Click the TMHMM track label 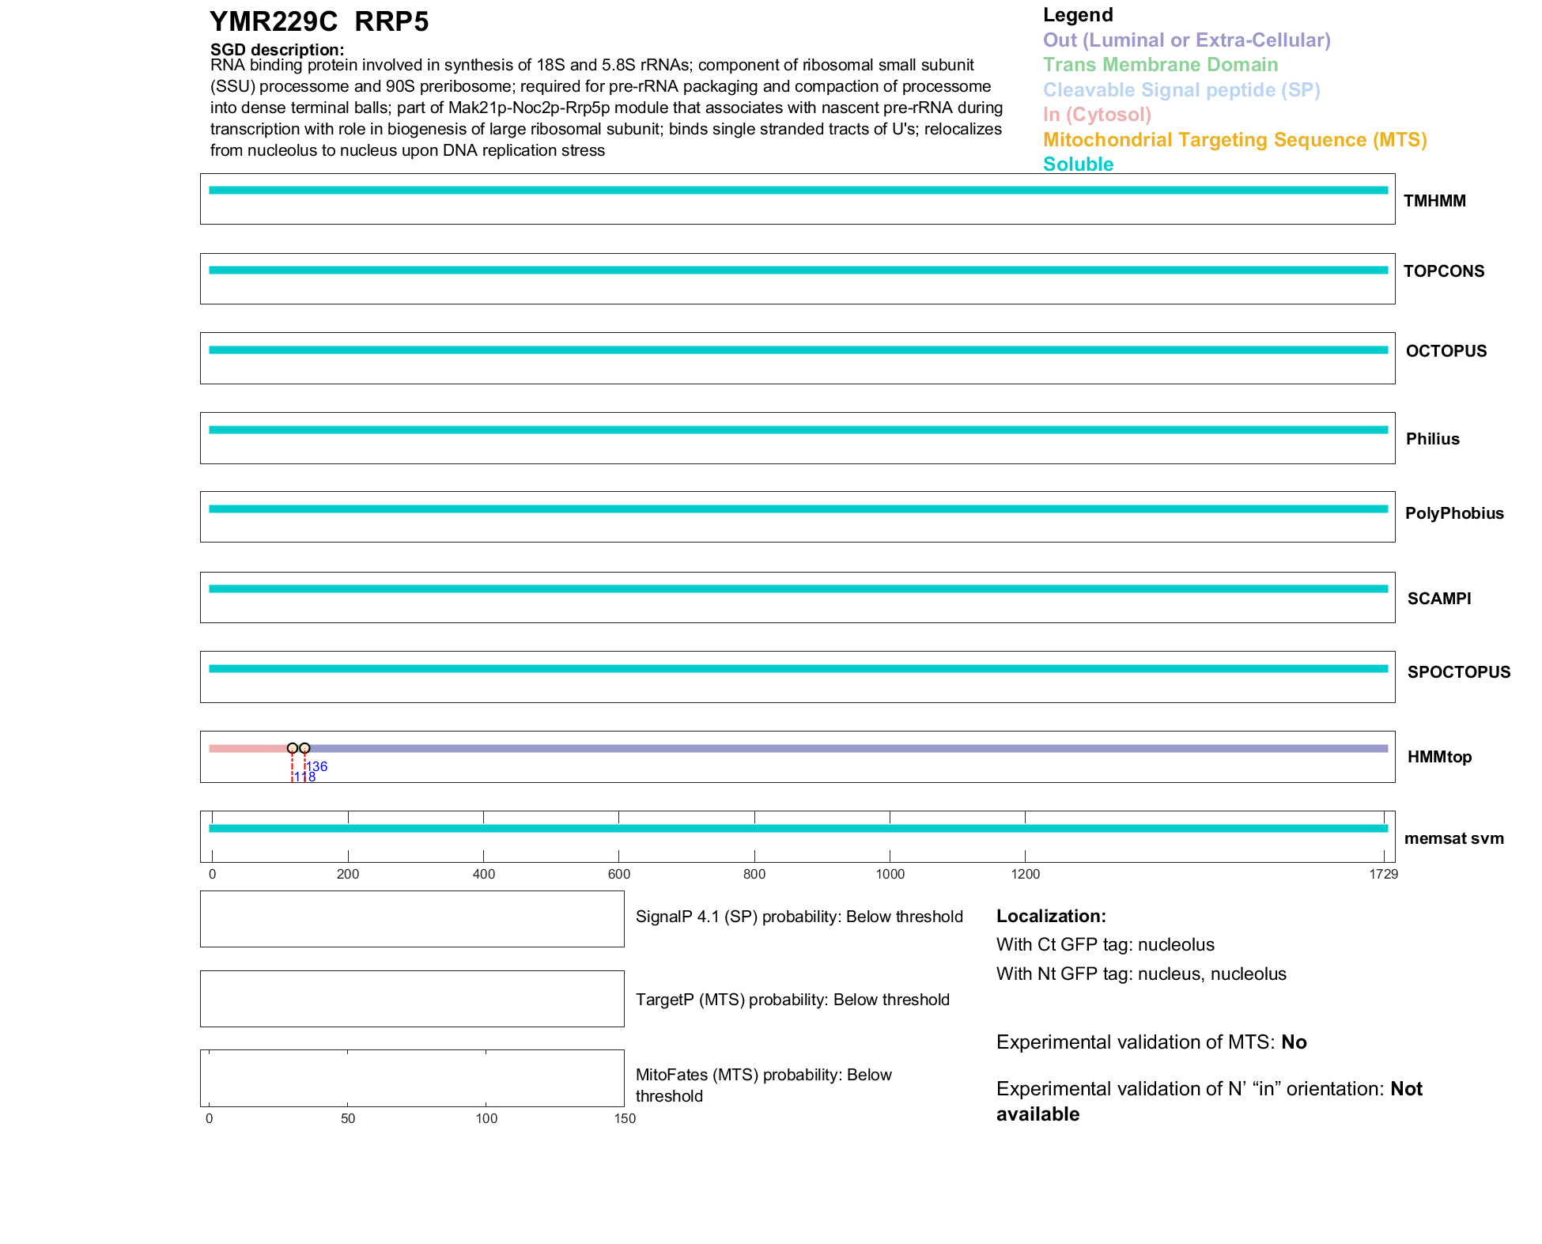1434,201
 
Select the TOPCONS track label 1443,271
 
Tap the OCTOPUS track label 1446,351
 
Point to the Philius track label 1432,439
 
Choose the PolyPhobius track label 1453,513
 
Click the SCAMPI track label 1438,599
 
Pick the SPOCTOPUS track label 1458,672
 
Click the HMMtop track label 1439,757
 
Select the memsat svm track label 1453,838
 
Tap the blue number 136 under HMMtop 317,766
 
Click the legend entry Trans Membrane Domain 1160,65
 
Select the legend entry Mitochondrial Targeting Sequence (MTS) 1234,140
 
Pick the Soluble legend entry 1078,164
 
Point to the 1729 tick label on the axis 1383,874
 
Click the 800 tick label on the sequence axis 754,874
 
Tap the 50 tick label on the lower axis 348,1118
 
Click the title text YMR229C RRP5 319,22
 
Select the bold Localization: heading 1051,916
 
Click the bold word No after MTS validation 1294,1042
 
